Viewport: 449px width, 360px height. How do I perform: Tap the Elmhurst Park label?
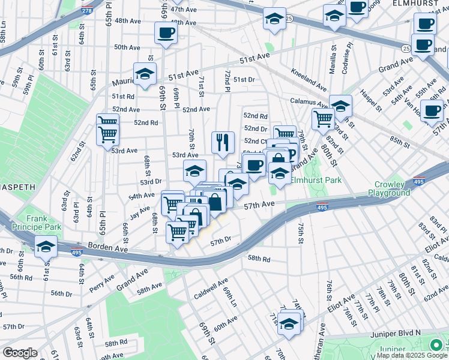316,180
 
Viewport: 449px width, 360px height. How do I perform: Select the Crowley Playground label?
393,188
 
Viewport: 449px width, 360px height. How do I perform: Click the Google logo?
19,353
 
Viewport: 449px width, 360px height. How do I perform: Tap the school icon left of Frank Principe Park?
45,247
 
